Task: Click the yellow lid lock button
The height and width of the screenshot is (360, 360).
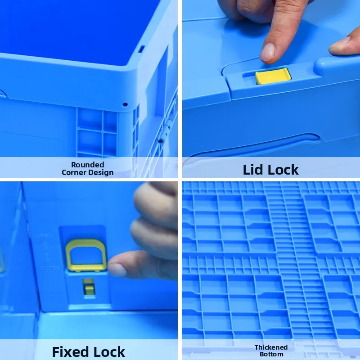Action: [273, 76]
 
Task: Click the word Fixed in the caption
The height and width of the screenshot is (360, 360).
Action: [71, 351]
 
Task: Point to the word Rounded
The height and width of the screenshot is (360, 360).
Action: [87, 165]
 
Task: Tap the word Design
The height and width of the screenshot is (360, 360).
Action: [101, 172]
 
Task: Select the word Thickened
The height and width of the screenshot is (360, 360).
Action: [271, 347]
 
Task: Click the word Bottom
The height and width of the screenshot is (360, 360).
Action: [271, 354]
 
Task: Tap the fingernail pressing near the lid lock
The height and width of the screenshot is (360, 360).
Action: [267, 52]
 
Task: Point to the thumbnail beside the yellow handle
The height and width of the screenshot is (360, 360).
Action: [117, 270]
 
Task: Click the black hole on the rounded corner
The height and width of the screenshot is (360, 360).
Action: [125, 105]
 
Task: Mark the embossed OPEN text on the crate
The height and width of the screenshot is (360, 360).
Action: [44, 236]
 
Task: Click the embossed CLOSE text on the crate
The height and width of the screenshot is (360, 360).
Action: [51, 268]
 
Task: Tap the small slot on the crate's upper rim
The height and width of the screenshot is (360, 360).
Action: [142, 49]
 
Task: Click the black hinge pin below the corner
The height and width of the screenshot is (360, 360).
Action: [161, 141]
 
